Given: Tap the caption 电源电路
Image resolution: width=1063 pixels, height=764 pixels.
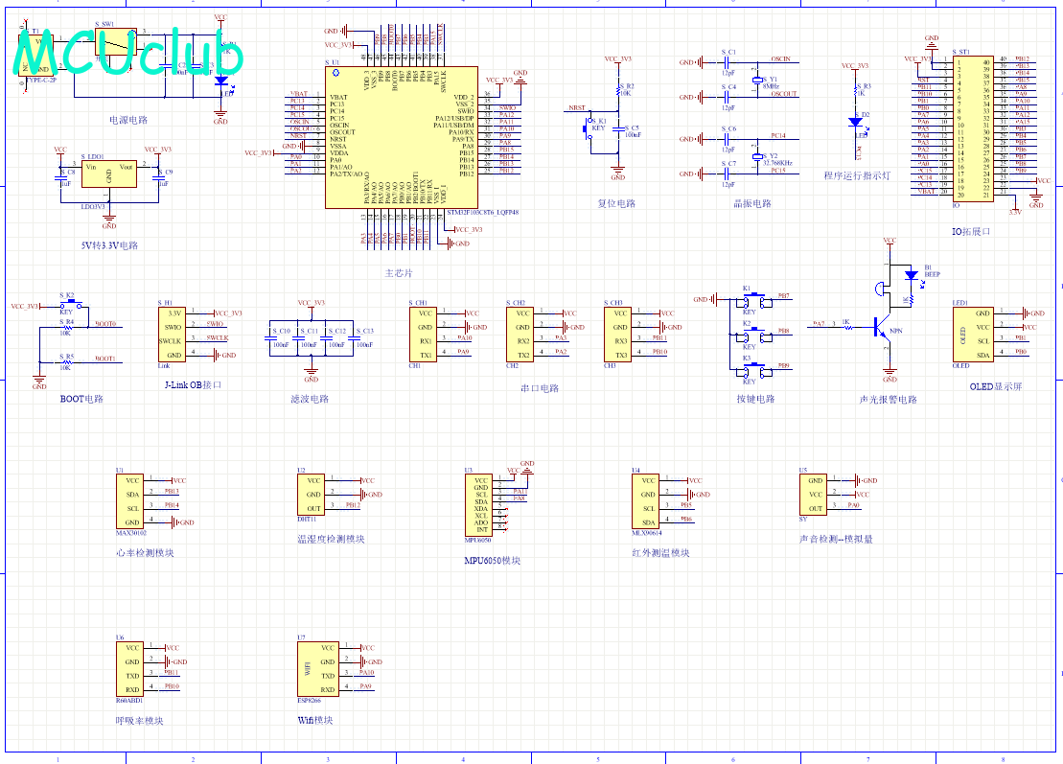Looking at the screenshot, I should tap(128, 120).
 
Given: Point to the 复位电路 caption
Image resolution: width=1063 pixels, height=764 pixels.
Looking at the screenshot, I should tap(616, 203).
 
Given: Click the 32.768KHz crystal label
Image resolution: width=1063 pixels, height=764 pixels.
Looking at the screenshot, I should tap(779, 163).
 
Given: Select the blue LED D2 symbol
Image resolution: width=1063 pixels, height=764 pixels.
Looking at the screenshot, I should tap(855, 122).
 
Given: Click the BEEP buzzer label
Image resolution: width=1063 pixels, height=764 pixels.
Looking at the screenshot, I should tap(932, 273).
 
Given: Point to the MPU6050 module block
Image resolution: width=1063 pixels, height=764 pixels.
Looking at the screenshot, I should tap(480, 504).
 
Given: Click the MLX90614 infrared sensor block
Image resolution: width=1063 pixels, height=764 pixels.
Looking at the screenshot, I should tap(647, 501).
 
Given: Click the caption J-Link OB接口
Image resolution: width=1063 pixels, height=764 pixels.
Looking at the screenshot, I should tap(193, 384).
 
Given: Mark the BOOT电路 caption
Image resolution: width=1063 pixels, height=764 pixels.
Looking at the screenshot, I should tap(81, 399).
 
